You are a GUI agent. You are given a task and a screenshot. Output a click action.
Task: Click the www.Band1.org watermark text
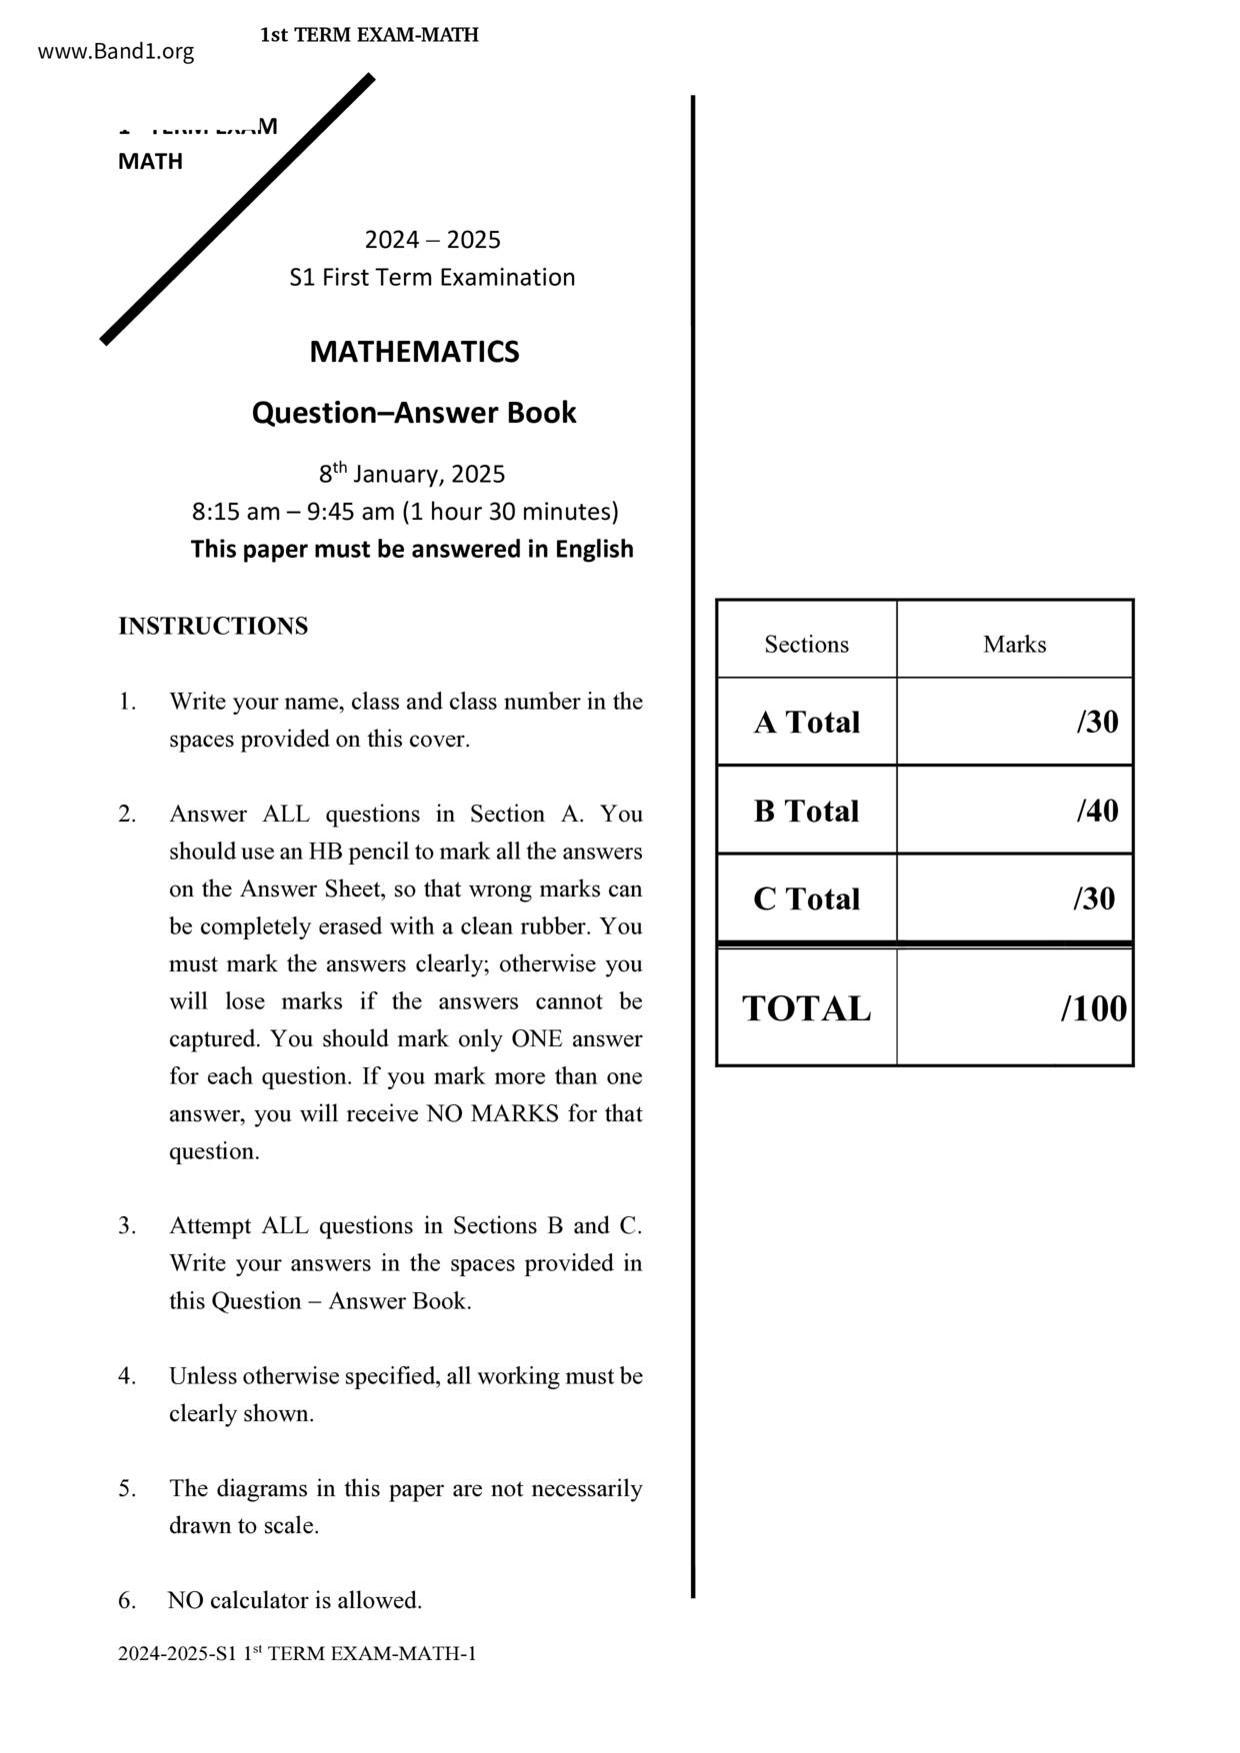(116, 52)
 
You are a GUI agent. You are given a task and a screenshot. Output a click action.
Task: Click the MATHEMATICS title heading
(414, 352)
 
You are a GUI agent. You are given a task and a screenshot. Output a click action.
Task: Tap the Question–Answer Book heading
(414, 413)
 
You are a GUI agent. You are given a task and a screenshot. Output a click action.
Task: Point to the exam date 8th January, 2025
(412, 474)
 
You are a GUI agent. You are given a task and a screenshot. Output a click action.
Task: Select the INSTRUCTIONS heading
(213, 627)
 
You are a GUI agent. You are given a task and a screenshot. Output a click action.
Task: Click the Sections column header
(806, 645)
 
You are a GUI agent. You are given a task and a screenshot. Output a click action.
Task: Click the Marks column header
(1014, 645)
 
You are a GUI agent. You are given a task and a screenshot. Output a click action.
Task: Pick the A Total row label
(806, 723)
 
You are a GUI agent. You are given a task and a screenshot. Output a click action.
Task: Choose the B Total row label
(806, 811)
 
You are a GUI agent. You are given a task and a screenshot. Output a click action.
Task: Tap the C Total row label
(806, 899)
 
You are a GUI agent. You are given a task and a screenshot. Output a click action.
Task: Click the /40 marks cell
(1097, 811)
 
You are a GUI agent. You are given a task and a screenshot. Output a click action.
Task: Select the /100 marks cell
(1093, 1009)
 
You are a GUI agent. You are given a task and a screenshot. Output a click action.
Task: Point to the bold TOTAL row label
(806, 1009)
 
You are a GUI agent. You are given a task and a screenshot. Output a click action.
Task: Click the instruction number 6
(126, 1601)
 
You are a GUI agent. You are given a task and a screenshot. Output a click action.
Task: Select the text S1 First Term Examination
(432, 278)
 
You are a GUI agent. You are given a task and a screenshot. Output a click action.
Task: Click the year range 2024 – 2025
(432, 240)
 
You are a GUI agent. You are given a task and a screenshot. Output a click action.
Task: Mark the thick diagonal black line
(238, 209)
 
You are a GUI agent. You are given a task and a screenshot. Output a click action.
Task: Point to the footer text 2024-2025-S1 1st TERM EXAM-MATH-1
(297, 1654)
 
